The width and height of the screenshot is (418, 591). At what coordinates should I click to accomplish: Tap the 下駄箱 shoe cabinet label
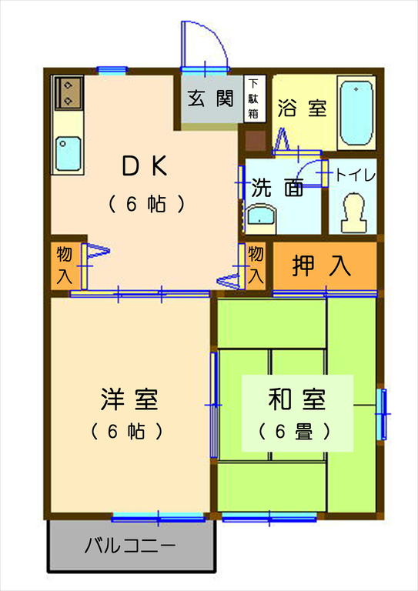pos(253,98)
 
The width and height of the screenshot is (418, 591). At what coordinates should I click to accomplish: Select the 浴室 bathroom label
pos(303,109)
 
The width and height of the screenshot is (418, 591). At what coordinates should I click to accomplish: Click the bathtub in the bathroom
pos(356,113)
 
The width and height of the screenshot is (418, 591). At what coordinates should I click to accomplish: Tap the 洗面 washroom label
pos(278,189)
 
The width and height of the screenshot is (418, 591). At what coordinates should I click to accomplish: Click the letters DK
pos(144,165)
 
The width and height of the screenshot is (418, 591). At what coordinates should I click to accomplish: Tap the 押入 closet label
pos(322,265)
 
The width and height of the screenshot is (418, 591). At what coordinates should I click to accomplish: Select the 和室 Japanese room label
pos(297,400)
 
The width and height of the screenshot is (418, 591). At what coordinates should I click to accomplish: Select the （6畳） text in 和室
pos(296,431)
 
